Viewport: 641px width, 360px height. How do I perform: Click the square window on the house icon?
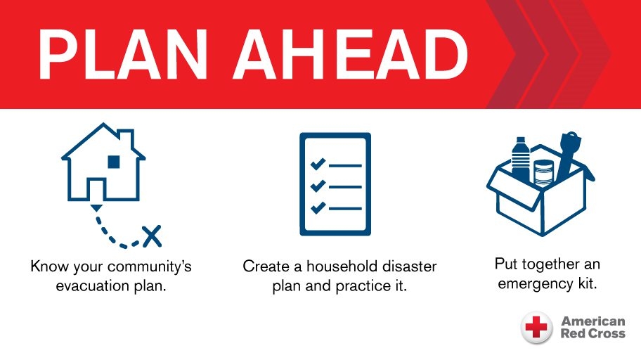114,162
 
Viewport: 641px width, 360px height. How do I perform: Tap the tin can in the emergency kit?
543,172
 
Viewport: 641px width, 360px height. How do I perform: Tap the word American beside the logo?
593,321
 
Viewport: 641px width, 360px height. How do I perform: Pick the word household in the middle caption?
344,267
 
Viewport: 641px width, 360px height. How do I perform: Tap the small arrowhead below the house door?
96,207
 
